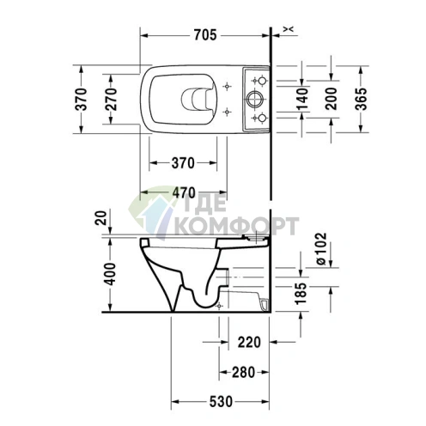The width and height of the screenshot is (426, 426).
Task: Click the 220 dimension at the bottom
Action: click(x=249, y=342)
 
